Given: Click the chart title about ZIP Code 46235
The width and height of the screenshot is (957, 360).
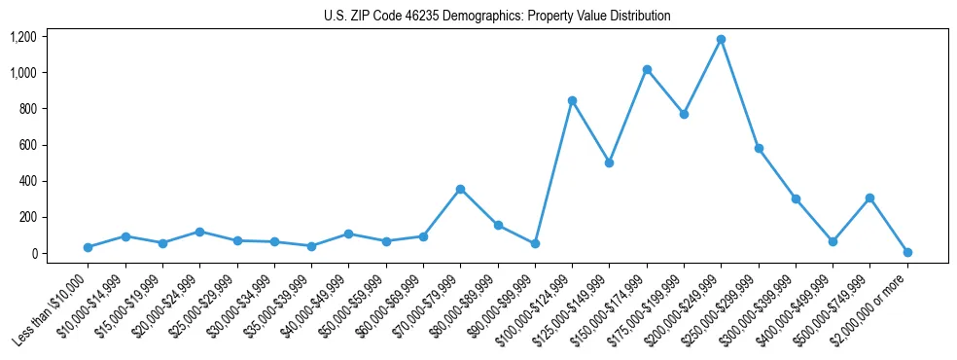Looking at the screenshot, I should tap(497, 17).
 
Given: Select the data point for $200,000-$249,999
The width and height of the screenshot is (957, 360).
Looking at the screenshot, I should tap(721, 40).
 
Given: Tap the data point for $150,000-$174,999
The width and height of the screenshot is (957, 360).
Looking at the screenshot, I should tap(647, 70).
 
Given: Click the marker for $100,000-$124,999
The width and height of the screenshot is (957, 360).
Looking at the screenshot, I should tap(572, 100).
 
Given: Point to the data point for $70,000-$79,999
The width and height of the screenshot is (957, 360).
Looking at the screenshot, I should tap(460, 189).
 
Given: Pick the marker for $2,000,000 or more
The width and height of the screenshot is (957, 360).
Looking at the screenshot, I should tap(907, 252).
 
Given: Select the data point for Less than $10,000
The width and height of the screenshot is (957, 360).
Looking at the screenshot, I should tap(88, 247).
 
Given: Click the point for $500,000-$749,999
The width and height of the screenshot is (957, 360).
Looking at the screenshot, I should tap(869, 198).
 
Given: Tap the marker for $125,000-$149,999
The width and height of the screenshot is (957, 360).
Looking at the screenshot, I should tap(609, 162).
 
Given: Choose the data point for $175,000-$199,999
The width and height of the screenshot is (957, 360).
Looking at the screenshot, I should tap(684, 114).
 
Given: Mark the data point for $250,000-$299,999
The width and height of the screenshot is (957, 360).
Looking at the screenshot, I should tap(759, 149).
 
